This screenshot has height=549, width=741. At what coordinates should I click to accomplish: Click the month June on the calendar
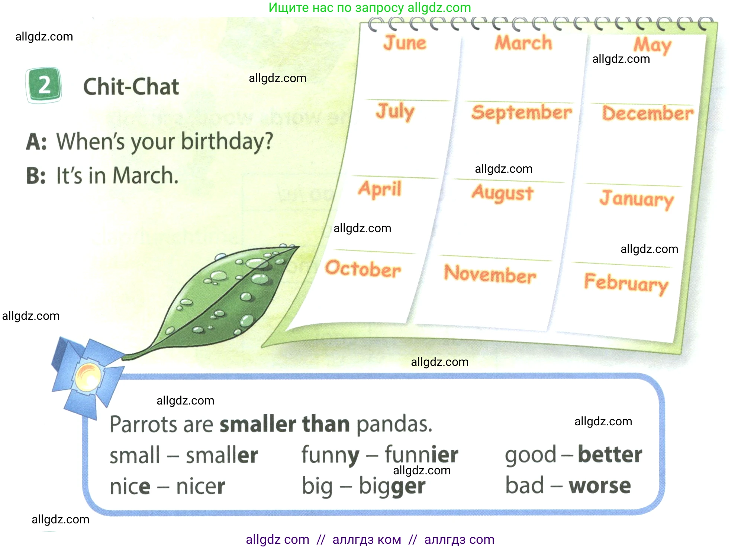[x=405, y=42]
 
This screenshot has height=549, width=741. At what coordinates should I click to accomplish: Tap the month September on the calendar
[x=522, y=112]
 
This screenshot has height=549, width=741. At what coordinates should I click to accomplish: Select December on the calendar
[x=648, y=113]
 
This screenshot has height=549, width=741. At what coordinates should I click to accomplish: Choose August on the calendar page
[x=503, y=193]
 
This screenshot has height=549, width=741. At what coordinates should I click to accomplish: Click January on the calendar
[x=637, y=199]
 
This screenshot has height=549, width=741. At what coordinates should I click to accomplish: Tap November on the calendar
[x=490, y=274]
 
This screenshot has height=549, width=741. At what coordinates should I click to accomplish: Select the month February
[x=626, y=283]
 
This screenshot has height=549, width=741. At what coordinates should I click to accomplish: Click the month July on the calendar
[x=395, y=111]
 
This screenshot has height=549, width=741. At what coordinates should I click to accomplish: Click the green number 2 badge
[x=44, y=85]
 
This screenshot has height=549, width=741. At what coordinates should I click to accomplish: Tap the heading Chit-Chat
[x=131, y=87]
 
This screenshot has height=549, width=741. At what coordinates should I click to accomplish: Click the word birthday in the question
[x=227, y=142]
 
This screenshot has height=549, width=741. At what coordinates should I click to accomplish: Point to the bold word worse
[x=600, y=485]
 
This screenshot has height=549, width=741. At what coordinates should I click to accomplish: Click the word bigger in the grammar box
[x=392, y=486]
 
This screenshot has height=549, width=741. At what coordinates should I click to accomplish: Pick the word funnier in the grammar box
[x=421, y=454]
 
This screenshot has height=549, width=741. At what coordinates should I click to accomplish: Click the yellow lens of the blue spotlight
[x=88, y=377]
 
